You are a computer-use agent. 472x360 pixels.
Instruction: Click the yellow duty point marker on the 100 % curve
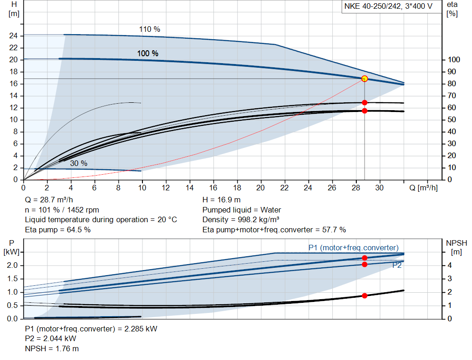[365, 79]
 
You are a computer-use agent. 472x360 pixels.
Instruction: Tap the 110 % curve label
[150, 30]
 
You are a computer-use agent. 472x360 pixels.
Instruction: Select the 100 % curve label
[147, 53]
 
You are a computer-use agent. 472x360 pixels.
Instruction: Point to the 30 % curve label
[79, 164]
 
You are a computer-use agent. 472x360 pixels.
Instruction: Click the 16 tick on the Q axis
[213, 188]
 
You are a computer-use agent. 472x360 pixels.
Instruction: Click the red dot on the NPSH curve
[365, 295]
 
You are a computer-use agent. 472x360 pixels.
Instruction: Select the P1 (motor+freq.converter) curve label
[353, 248]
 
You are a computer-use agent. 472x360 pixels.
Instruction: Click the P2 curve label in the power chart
[397, 266]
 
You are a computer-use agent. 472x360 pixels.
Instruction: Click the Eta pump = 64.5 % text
[58, 229]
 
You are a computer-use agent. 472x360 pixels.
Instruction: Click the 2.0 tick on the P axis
[12, 266]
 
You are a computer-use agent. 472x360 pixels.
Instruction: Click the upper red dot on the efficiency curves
[365, 103]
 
